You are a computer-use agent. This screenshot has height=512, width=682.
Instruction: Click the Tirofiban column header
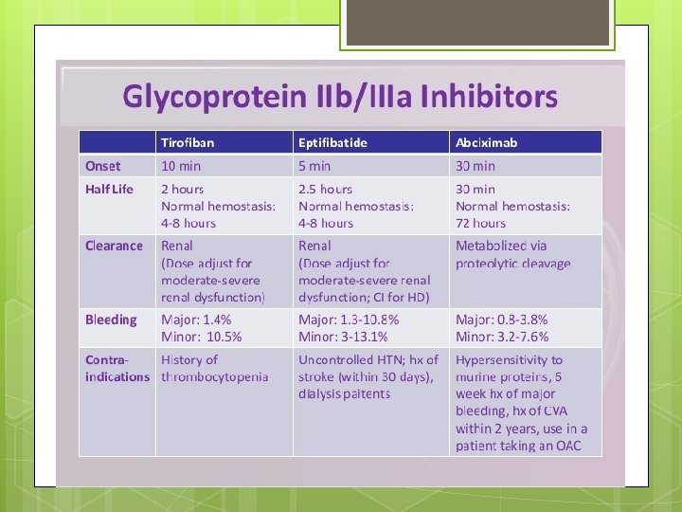pyautogui.click(x=188, y=142)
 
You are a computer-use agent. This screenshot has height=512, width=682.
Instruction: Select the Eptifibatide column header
pyautogui.click(x=332, y=142)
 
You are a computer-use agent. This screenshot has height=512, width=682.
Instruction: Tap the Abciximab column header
pyautogui.click(x=486, y=142)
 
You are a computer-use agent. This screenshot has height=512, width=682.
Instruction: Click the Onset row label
pyautogui.click(x=103, y=166)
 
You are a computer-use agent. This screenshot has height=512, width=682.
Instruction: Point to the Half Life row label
pyautogui.click(x=109, y=189)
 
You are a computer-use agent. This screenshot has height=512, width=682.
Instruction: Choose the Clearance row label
pyautogui.click(x=114, y=246)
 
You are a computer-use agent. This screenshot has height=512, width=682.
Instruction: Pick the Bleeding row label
pyautogui.click(x=111, y=320)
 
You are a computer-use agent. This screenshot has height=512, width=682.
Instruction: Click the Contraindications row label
pyautogui.click(x=117, y=368)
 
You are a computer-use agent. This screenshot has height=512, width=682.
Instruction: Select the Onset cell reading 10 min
pyautogui.click(x=181, y=166)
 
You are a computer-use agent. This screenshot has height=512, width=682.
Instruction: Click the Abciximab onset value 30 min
pyautogui.click(x=476, y=166)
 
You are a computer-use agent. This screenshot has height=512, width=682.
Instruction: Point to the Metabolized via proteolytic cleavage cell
pyautogui.click(x=513, y=254)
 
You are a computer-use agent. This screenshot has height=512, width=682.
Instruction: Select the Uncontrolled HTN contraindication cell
pyautogui.click(x=368, y=376)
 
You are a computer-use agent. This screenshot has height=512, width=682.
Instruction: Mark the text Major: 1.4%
pyautogui.click(x=196, y=320)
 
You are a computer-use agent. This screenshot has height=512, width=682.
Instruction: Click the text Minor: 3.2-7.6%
pyautogui.click(x=502, y=337)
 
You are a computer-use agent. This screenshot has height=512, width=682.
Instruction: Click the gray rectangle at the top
pyautogui.click(x=476, y=22)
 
